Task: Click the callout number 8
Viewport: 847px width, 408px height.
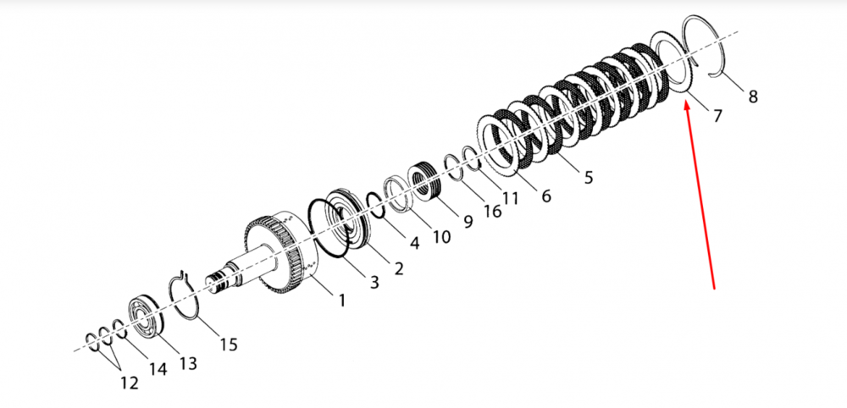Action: [752, 96]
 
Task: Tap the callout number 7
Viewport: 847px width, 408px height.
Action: [717, 115]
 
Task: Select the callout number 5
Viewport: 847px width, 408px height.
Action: [589, 176]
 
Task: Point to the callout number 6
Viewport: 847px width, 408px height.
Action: [546, 196]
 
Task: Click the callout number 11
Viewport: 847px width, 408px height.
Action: [511, 198]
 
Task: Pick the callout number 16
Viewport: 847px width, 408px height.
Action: [492, 211]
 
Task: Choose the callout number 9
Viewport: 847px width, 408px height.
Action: [468, 220]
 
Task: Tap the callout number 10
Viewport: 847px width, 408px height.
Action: [441, 236]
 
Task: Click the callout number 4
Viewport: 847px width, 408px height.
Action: [414, 243]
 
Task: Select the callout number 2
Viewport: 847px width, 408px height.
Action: [398, 268]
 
